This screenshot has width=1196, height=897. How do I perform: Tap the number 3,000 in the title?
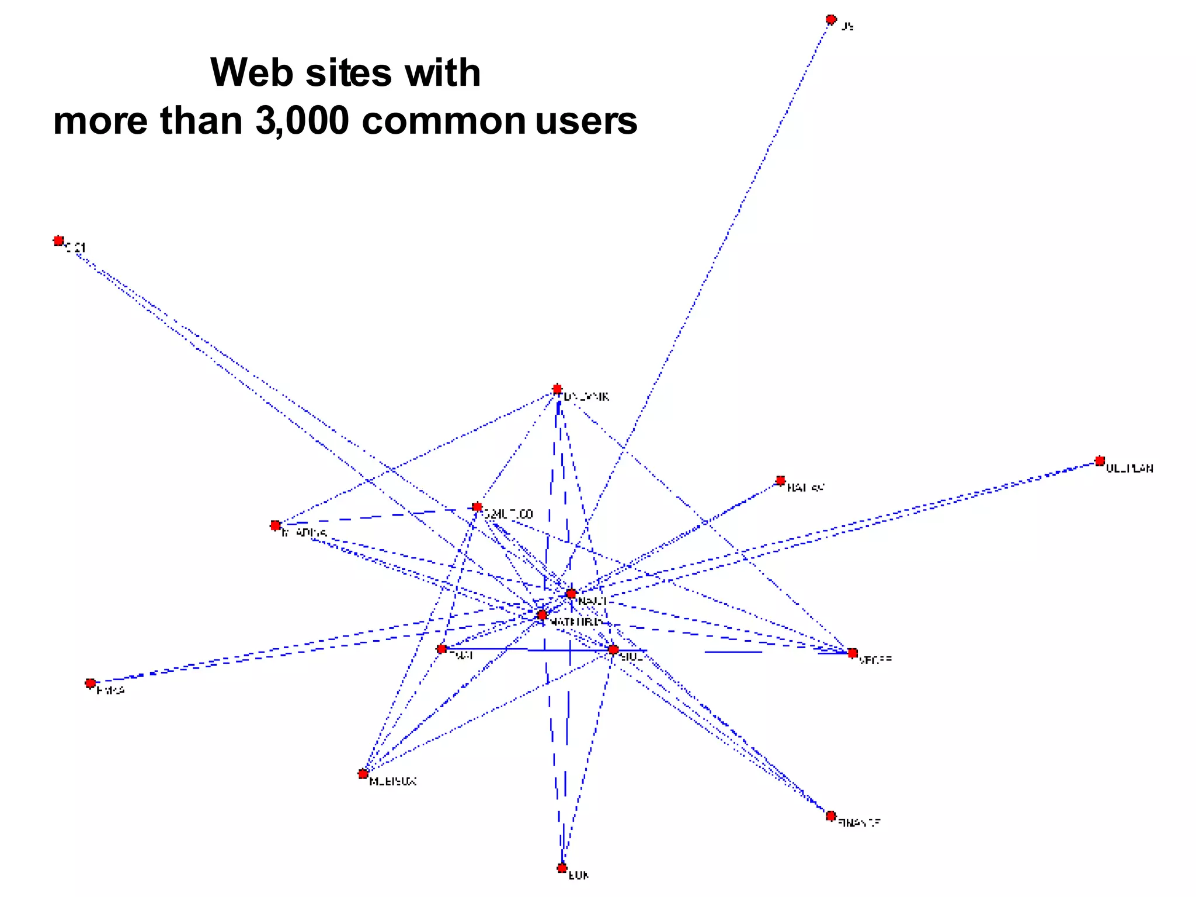pyautogui.click(x=303, y=121)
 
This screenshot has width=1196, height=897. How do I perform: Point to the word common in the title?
pyautogui.click(x=444, y=121)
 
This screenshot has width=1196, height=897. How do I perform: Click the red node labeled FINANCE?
pyautogui.click(x=831, y=815)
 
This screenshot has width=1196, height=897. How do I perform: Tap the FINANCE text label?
pyautogui.click(x=859, y=823)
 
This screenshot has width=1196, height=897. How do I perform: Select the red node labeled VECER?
pyautogui.click(x=853, y=652)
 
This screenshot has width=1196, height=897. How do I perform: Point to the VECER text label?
pyautogui.click(x=875, y=660)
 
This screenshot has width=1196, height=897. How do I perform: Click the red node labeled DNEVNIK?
pyautogui.click(x=557, y=389)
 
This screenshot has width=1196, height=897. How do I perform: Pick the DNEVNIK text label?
pyautogui.click(x=586, y=397)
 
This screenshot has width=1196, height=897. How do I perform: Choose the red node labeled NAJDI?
pyautogui.click(x=571, y=593)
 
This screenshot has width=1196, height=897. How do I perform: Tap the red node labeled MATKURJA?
pyautogui.click(x=542, y=614)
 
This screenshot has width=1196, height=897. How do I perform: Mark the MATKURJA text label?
pyautogui.click(x=575, y=623)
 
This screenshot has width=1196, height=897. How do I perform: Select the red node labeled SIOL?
pyautogui.click(x=613, y=649)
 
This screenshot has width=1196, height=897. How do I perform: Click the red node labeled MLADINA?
pyautogui.click(x=276, y=525)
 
